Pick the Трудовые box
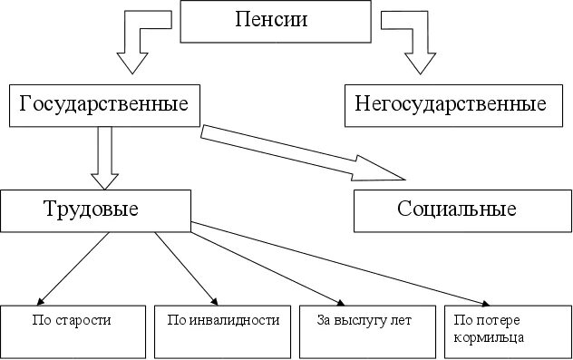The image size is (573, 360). click(94, 210)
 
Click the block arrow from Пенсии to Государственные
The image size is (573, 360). click(141, 41)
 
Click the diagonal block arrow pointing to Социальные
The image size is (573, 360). click(299, 149)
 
